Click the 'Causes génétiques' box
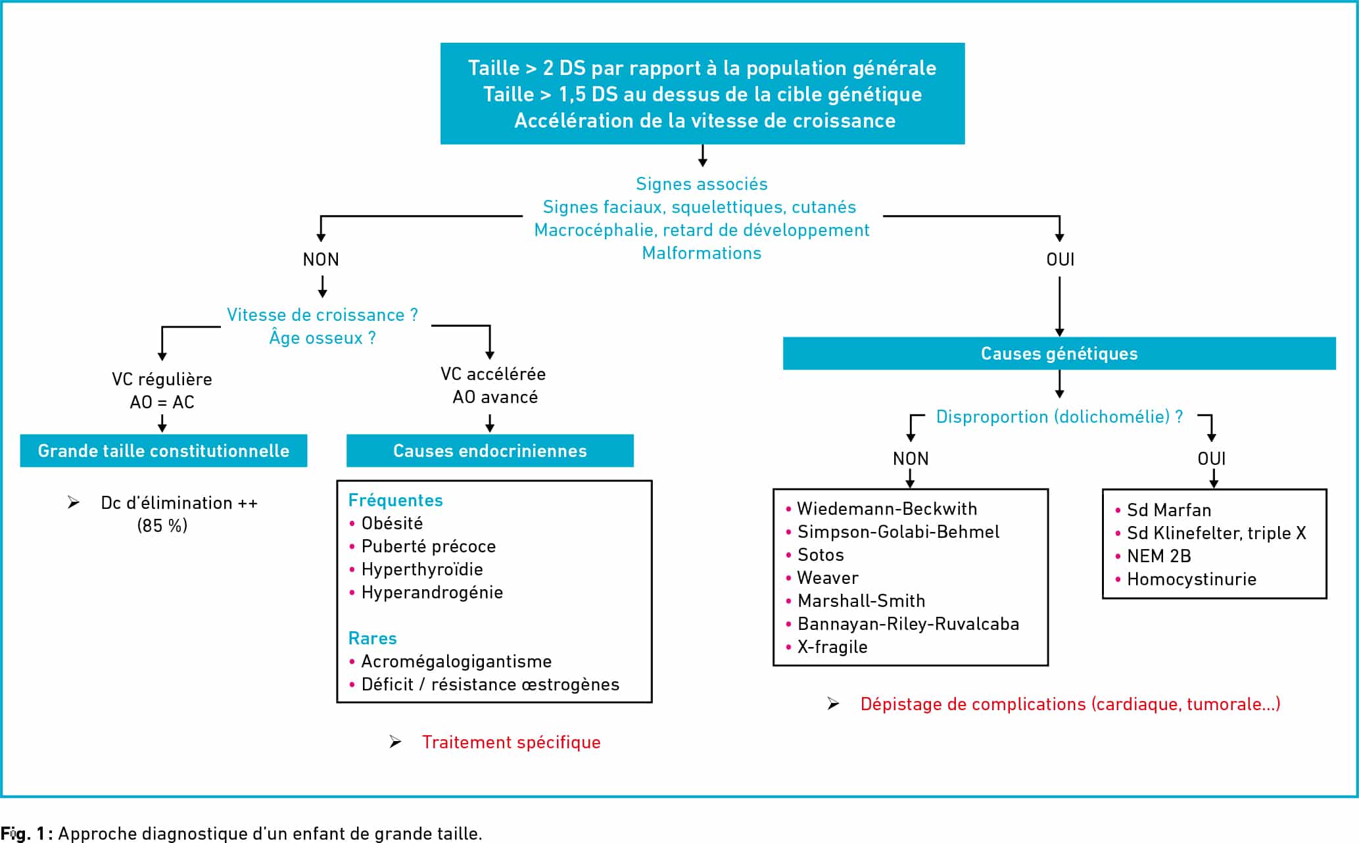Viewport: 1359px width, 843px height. [x=1059, y=354]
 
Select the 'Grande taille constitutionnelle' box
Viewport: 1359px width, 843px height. [x=164, y=450]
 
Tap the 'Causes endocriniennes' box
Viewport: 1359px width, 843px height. [x=490, y=450]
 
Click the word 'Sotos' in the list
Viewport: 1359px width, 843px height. [x=821, y=555]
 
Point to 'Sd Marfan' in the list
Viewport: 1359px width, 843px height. [x=1169, y=510]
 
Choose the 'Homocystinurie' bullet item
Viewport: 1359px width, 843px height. [x=1191, y=579]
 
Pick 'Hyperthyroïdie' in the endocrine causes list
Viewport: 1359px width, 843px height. [x=422, y=569]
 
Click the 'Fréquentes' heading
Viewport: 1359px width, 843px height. [x=396, y=500]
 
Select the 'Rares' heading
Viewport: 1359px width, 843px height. [x=372, y=638]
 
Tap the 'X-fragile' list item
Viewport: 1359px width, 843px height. [x=832, y=647]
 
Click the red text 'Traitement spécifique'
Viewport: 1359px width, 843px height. [x=511, y=742]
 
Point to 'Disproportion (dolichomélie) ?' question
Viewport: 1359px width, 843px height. [x=1059, y=417]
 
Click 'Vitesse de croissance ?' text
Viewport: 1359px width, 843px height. [x=322, y=315]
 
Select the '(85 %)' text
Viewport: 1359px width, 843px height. [x=162, y=526]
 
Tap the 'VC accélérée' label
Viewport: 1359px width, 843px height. [x=493, y=374]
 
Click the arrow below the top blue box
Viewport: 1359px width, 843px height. [x=702, y=155]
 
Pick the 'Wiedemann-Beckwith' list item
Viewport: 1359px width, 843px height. [x=887, y=509]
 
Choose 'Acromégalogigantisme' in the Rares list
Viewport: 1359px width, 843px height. [x=456, y=662]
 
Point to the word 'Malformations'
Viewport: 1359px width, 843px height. [x=702, y=253]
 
